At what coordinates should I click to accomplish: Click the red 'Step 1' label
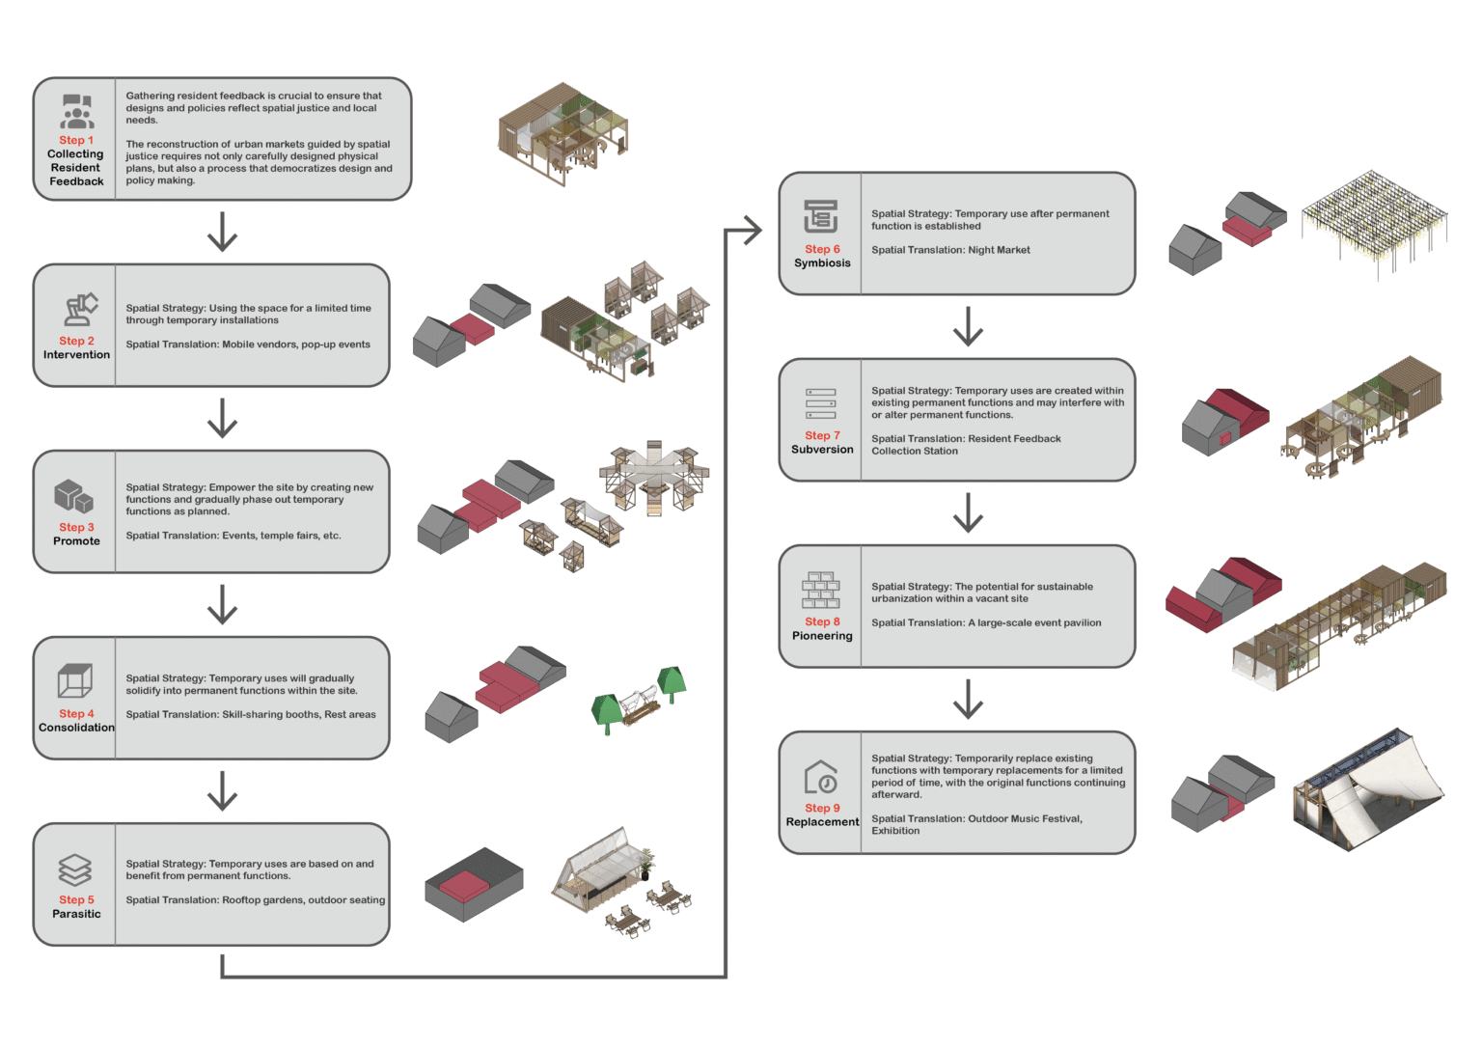click(76, 140)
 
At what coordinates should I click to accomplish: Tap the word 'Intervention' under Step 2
click(77, 354)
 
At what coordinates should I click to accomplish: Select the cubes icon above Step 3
click(74, 497)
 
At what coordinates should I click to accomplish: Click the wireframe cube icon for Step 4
click(74, 680)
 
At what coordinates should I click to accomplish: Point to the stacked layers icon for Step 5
click(74, 869)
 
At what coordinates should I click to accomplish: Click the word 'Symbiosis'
click(822, 262)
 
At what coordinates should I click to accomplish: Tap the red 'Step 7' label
click(822, 435)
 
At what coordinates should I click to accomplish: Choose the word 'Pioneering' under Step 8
click(822, 636)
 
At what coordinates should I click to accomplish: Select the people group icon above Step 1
click(77, 111)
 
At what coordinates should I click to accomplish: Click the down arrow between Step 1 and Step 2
click(222, 232)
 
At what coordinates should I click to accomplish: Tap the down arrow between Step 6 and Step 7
click(968, 326)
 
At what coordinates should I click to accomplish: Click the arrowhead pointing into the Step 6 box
click(753, 231)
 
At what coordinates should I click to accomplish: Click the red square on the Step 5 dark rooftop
click(464, 885)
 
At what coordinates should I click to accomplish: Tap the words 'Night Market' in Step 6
click(999, 250)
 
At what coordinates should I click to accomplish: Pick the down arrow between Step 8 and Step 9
click(968, 699)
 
